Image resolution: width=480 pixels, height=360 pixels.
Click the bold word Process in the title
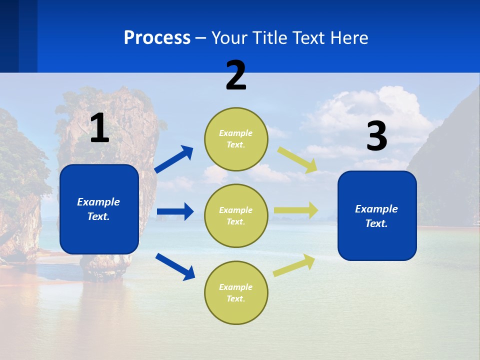pyautogui.click(x=157, y=37)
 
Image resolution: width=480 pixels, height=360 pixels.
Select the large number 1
pyautogui.click(x=99, y=128)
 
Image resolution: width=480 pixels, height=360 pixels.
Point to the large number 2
pyautogui.click(x=236, y=75)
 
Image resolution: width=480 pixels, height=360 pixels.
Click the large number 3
pyautogui.click(x=376, y=136)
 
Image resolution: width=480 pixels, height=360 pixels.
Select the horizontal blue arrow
pyautogui.click(x=175, y=211)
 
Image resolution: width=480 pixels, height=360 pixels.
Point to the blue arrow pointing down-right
pyautogui.click(x=175, y=266)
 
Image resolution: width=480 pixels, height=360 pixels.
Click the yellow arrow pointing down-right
pyautogui.click(x=297, y=159)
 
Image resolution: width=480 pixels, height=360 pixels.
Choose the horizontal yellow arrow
pyautogui.click(x=296, y=210)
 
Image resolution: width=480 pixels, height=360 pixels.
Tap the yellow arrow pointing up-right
pyautogui.click(x=294, y=265)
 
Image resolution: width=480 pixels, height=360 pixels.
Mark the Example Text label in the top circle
pyautogui.click(x=236, y=139)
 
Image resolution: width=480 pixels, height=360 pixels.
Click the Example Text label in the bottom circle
pyautogui.click(x=236, y=293)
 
